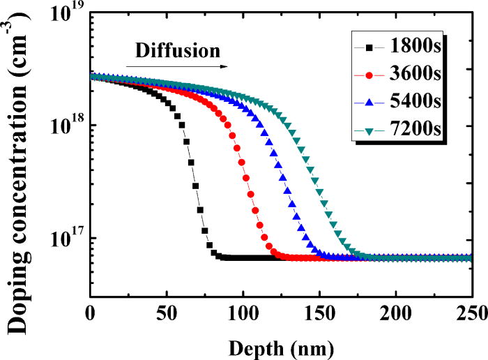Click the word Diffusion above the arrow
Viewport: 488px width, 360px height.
(x=177, y=51)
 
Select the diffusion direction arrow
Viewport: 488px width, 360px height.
(x=177, y=66)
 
